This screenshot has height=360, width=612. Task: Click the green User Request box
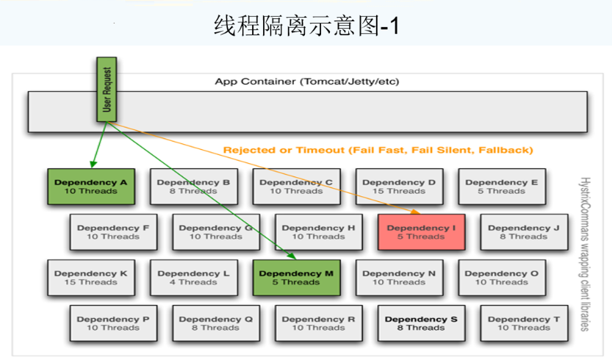(107, 90)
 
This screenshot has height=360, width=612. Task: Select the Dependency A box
(91, 187)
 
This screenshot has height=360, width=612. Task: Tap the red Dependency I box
(421, 232)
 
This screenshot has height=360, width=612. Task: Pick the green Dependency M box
(296, 278)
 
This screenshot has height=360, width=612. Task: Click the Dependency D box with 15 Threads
(399, 187)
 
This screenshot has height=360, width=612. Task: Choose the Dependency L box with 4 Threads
(193, 278)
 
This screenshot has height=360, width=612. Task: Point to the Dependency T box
(524, 323)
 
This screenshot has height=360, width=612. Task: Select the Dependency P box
(113, 323)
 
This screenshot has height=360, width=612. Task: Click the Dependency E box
(502, 187)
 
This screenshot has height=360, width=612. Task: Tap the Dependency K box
(91, 278)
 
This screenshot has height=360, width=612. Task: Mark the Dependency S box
(421, 323)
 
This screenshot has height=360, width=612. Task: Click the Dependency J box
(524, 232)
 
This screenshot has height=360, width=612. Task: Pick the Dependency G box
(215, 232)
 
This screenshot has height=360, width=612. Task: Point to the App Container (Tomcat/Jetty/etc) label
(307, 82)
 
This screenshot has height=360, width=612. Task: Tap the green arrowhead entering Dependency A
(92, 165)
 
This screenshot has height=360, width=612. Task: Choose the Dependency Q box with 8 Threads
(215, 323)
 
